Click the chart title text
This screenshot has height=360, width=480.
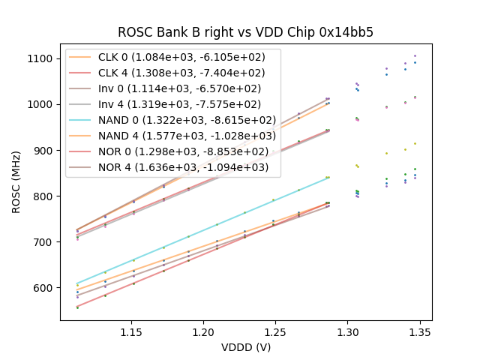point(245,33)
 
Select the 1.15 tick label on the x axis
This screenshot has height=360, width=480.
point(131,331)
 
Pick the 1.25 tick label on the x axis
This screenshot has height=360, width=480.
point(275,331)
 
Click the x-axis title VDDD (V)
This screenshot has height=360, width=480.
point(245,346)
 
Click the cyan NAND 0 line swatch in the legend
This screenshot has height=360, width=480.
point(79,120)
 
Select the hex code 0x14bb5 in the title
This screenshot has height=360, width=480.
point(348,33)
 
